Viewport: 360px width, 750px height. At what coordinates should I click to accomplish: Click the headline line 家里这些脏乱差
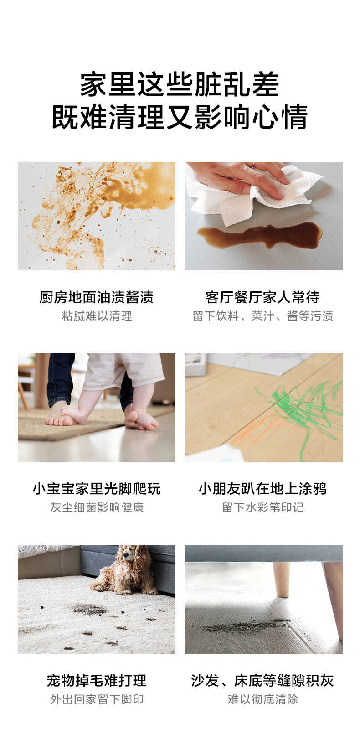[x=180, y=84]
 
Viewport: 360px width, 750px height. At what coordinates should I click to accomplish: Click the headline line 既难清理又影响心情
[x=180, y=117]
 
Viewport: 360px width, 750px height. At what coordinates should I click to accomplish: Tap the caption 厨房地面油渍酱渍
[x=97, y=297]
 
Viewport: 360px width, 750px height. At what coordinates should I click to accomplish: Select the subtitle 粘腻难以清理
[x=97, y=316]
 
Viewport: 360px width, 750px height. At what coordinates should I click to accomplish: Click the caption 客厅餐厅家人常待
[x=263, y=297]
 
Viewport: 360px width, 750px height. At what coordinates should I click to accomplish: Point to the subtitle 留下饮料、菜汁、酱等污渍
[x=263, y=316]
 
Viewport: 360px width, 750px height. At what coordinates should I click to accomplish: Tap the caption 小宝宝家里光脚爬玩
[x=97, y=489]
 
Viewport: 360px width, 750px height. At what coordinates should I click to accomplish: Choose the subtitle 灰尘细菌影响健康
[x=97, y=507]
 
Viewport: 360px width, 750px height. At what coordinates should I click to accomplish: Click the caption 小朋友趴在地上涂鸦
[x=263, y=489]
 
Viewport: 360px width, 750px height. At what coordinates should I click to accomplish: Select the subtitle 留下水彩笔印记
[x=263, y=507]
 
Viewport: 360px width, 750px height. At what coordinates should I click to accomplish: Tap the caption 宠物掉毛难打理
[x=97, y=681]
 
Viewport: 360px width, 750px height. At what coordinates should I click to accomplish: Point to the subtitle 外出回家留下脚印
[x=97, y=699]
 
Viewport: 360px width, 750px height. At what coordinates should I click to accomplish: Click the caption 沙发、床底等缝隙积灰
[x=263, y=681]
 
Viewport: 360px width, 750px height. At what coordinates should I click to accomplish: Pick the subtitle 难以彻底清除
[x=263, y=699]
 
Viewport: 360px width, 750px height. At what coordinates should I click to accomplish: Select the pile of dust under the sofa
[x=246, y=626]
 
